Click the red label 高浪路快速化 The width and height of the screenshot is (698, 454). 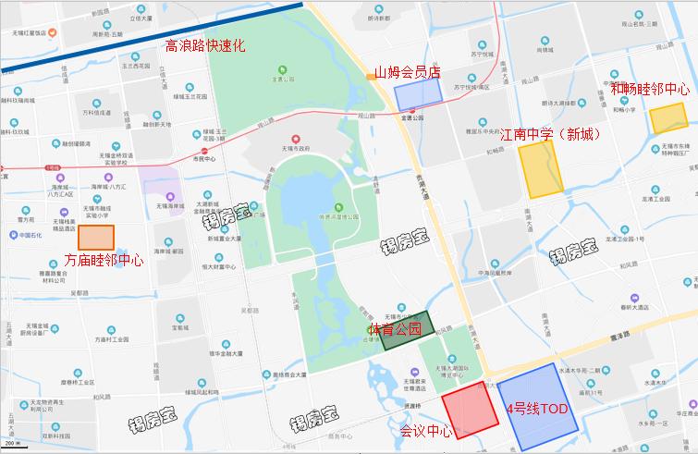[204, 45]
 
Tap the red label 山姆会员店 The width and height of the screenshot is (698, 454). [407, 71]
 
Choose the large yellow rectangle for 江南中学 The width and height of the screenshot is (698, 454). [540, 168]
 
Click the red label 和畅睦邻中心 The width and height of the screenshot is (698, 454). [650, 90]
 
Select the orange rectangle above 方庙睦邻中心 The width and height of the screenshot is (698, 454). [96, 238]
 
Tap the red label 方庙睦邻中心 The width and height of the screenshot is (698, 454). [103, 261]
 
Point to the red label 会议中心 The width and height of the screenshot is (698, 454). [426, 431]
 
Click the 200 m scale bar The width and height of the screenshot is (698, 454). [19, 448]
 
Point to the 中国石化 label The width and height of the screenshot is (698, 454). [31, 234]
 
